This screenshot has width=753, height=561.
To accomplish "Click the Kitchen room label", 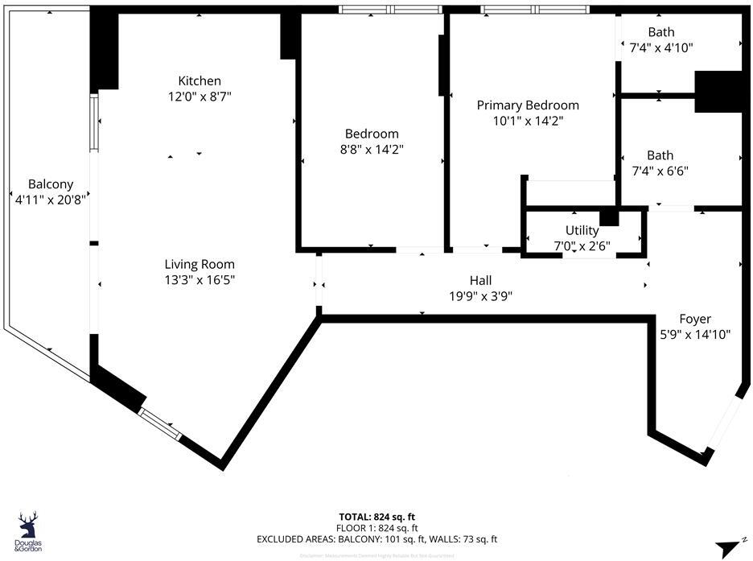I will click(200, 80).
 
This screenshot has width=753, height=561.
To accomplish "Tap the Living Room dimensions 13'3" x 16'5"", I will click(200, 280).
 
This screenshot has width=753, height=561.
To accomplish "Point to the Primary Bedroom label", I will click(528, 105).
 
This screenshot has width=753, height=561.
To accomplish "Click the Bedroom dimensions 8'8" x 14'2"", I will click(371, 149).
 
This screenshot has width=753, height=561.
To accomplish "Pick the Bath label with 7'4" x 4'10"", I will click(661, 32).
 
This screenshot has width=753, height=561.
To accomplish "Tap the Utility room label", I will click(582, 230).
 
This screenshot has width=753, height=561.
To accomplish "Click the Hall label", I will click(480, 280).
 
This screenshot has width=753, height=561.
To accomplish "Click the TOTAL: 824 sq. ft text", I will click(376, 516).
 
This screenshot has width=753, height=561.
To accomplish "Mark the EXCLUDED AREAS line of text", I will click(376, 539).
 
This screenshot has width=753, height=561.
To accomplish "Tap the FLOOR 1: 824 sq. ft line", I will click(376, 528).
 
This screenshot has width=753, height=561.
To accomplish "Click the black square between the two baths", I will click(717, 92).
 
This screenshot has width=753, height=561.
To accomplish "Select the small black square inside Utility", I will click(609, 217).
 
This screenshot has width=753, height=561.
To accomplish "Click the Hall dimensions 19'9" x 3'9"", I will click(480, 295).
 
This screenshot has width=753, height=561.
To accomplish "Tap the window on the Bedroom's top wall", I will click(390, 10).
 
